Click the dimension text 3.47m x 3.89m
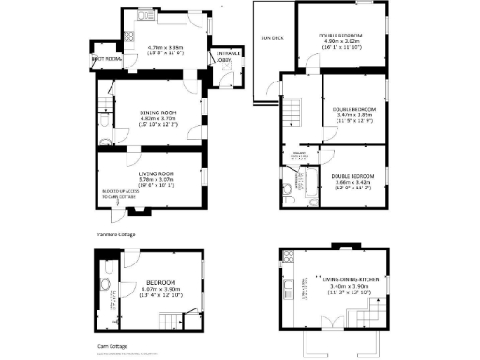coord(352,114)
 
